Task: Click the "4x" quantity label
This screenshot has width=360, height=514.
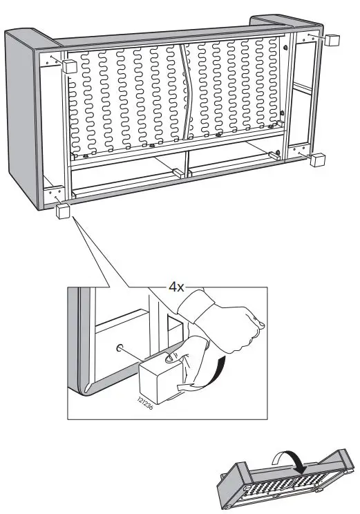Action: pyautogui.click(x=176, y=287)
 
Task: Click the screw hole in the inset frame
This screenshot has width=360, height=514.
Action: pyautogui.click(x=120, y=348)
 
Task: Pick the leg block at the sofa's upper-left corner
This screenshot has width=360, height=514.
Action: pyautogui.click(x=69, y=66)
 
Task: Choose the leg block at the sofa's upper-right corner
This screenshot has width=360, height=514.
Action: pyautogui.click(x=332, y=39)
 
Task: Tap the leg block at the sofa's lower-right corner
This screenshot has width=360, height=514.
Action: pyautogui.click(x=317, y=160)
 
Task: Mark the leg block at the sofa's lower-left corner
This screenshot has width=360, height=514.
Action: pyautogui.click(x=63, y=211)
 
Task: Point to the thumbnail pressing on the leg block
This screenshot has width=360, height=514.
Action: pyautogui.click(x=170, y=359)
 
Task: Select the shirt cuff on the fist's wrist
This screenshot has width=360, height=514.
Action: pyautogui.click(x=196, y=307)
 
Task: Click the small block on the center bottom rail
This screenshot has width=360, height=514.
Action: pyautogui.click(x=179, y=173)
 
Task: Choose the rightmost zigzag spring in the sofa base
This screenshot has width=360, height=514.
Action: pyautogui.click(x=273, y=83)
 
